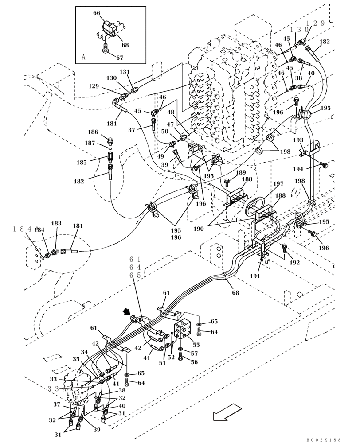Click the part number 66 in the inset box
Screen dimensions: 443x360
click(97, 13)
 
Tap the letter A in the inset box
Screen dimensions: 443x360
click(83, 57)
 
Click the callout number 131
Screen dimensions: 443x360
click(125, 71)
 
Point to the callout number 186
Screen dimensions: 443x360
click(93, 132)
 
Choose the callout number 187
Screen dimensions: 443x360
click(90, 143)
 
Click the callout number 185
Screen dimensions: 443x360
click(81, 163)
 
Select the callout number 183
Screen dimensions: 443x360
click(56, 224)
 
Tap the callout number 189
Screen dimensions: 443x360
click(240, 172)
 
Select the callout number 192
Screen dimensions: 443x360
click(294, 263)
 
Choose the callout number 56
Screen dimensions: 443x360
click(195, 362)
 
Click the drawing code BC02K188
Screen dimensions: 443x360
click(323, 439)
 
